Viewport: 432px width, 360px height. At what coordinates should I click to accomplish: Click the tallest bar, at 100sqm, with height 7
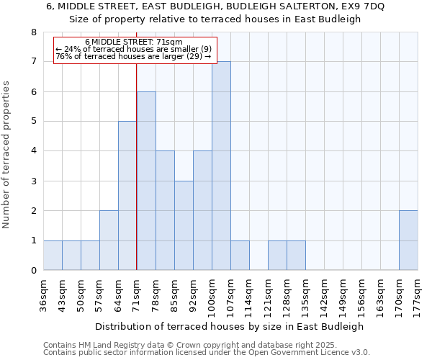click(x=221, y=166)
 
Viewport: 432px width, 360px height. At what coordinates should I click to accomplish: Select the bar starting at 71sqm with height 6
click(x=146, y=181)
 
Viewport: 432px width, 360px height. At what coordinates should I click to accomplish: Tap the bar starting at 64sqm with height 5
click(x=127, y=196)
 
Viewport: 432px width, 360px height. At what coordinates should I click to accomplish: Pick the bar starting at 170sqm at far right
click(x=408, y=240)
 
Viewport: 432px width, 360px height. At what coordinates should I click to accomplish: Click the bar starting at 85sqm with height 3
click(x=184, y=225)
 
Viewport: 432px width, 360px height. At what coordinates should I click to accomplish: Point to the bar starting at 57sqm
click(x=109, y=240)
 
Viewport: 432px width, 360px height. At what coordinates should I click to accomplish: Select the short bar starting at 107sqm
click(x=240, y=256)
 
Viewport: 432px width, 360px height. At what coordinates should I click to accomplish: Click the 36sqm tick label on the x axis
click(x=44, y=293)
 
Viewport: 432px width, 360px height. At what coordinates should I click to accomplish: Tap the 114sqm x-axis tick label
click(x=250, y=294)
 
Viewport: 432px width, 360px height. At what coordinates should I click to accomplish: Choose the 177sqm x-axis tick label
click(x=418, y=294)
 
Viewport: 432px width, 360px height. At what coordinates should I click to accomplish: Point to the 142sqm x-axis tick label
click(x=325, y=294)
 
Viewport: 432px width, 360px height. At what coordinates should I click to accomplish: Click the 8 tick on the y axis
click(x=33, y=32)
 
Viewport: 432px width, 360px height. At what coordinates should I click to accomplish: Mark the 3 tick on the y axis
click(x=33, y=181)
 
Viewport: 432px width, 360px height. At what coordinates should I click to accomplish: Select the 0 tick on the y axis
click(x=33, y=271)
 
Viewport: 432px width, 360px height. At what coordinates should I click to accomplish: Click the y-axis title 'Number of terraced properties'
click(x=7, y=154)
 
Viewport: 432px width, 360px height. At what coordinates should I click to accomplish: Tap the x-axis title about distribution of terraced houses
click(x=229, y=326)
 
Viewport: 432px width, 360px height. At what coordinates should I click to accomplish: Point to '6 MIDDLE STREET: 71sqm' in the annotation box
click(x=134, y=42)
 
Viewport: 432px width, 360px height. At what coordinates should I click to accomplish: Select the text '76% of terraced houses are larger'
click(x=121, y=56)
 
